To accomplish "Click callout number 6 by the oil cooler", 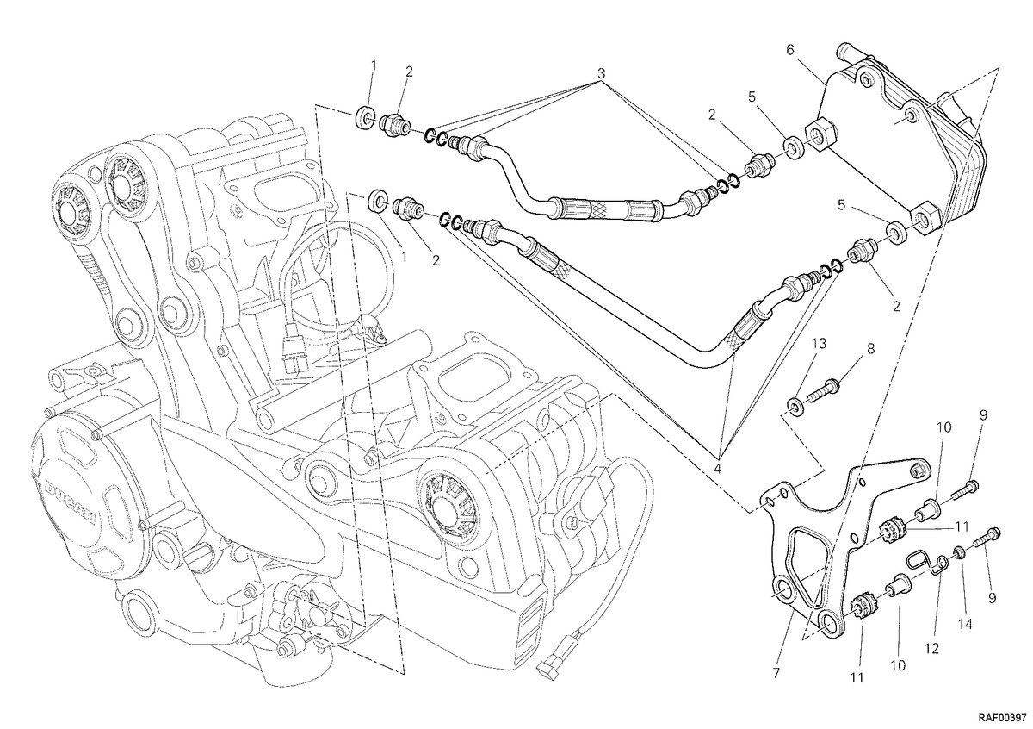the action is [789, 50].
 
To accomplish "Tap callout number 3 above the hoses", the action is [602, 73].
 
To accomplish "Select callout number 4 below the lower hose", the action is [717, 469].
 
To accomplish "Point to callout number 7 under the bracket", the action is [776, 673].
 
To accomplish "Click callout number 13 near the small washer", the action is [820, 344].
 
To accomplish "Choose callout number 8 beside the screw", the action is [870, 349].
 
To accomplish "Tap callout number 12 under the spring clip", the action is [931, 648].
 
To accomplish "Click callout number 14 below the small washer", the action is [965, 624].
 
